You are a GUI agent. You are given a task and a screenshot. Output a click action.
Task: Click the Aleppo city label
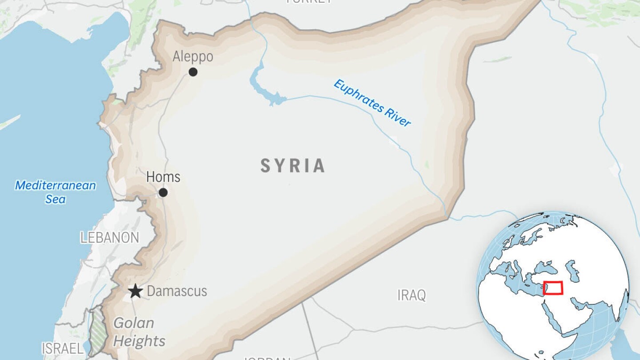click(x=192, y=57)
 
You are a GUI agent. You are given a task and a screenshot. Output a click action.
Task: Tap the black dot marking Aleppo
click(x=193, y=72)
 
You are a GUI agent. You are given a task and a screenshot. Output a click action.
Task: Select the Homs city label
click(x=163, y=177)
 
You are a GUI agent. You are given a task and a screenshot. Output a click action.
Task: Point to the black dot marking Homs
click(x=163, y=192)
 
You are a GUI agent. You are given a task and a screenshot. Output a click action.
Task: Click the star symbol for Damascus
click(x=136, y=292)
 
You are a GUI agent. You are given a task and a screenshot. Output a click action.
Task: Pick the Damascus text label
click(x=177, y=292)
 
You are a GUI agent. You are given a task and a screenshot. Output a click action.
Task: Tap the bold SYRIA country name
click(x=293, y=166)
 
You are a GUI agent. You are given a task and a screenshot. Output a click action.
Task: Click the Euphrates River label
click(x=372, y=103)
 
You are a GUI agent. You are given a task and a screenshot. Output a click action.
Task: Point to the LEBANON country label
click(x=110, y=238)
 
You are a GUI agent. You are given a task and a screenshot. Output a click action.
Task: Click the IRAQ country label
click(x=412, y=295)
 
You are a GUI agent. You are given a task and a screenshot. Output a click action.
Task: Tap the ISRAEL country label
click(x=63, y=348)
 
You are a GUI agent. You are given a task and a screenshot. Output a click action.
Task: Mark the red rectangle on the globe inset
click(x=553, y=288)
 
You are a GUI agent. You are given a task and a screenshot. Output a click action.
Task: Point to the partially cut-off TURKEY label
click(x=309, y=2)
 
